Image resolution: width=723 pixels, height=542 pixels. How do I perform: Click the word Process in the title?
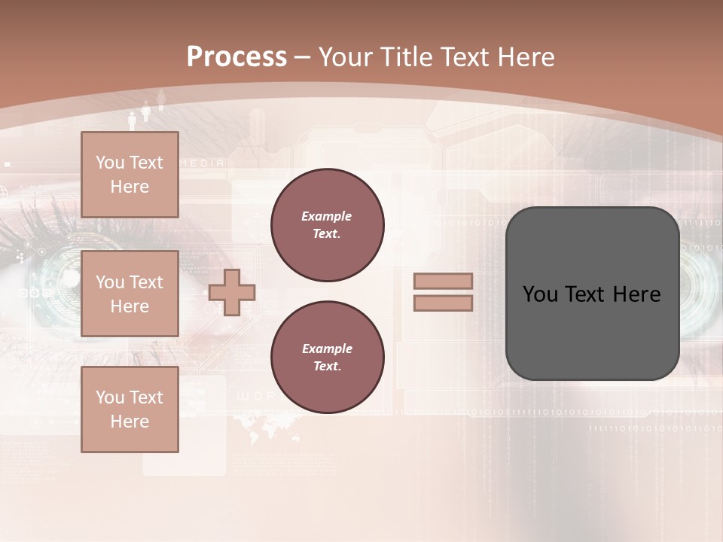click(236, 57)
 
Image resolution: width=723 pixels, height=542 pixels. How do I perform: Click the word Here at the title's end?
click(524, 57)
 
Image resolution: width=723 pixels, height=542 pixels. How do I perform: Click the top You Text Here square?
click(130, 175)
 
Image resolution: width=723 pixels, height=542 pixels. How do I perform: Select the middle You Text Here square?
click(130, 294)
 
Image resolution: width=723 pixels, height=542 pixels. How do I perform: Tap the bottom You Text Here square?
click(130, 409)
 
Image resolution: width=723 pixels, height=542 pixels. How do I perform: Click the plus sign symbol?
click(232, 292)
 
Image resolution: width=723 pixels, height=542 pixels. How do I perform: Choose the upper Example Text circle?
click(327, 225)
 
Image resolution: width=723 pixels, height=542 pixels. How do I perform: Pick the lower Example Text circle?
click(327, 357)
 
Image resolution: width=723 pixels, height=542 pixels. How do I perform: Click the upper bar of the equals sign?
click(443, 282)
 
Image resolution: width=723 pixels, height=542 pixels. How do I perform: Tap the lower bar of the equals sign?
click(443, 303)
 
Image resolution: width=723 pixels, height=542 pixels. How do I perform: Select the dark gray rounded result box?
click(592, 294)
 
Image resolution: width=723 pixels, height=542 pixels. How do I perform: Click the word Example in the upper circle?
click(326, 217)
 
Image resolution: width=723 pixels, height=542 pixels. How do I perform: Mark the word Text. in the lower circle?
click(327, 366)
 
